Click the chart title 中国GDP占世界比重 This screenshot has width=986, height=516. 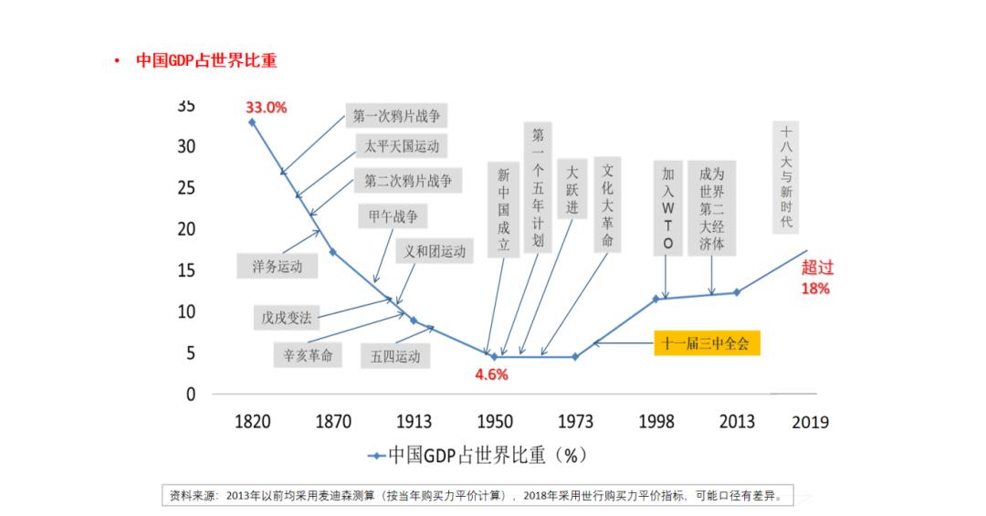click(206, 61)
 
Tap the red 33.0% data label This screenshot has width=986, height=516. click(266, 107)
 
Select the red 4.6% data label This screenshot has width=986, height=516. click(491, 374)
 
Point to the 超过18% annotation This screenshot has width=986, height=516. click(816, 278)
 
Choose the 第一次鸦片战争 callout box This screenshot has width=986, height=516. click(402, 116)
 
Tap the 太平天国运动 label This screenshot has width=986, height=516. click(402, 146)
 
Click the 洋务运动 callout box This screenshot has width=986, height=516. click(277, 267)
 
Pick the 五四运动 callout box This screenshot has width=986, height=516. click(396, 355)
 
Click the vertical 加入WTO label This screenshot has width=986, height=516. click(668, 208)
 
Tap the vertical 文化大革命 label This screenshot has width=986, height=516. click(607, 206)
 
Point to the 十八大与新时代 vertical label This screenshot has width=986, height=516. click(786, 177)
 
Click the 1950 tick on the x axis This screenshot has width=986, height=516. click(494, 421)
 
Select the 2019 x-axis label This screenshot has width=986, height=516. click(810, 421)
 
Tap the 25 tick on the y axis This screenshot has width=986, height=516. click(185, 187)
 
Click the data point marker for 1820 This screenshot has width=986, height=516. click(252, 121)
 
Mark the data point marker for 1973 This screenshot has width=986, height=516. click(574, 356)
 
